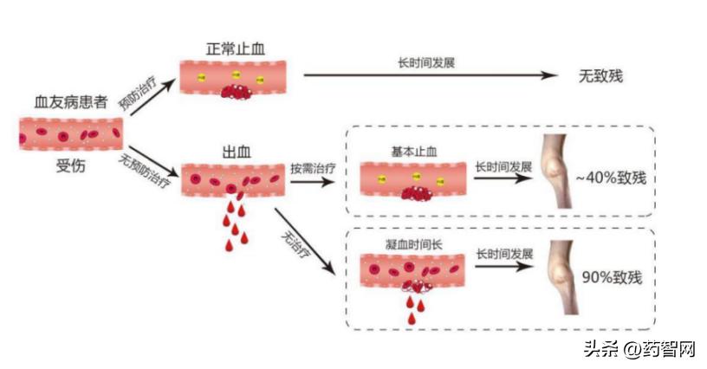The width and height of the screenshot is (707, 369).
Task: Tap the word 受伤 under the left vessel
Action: [69, 166]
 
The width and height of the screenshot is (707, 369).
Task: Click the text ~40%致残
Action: [611, 179]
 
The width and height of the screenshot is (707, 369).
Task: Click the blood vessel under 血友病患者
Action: [70, 134]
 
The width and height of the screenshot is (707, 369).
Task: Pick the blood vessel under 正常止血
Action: [235, 78]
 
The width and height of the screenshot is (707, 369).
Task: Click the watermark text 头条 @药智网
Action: [639, 350]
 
